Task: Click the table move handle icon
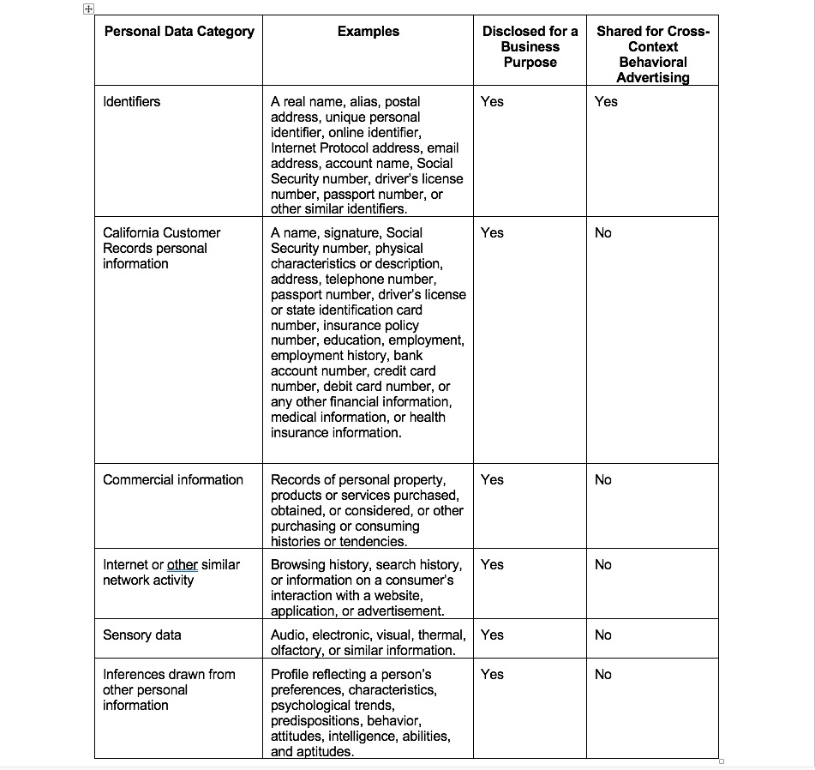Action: pyautogui.click(x=87, y=9)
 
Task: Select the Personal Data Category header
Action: pyautogui.click(x=179, y=32)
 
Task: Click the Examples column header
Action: pyautogui.click(x=368, y=32)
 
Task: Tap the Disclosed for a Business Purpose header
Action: pyautogui.click(x=530, y=47)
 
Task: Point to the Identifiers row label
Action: pyautogui.click(x=131, y=102)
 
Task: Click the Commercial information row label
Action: pyautogui.click(x=173, y=480)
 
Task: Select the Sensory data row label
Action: pyautogui.click(x=142, y=635)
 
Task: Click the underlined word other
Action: pyautogui.click(x=182, y=565)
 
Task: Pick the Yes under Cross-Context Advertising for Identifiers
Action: pyautogui.click(x=606, y=102)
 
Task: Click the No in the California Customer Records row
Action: pyautogui.click(x=603, y=233)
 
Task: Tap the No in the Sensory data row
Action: pyautogui.click(x=603, y=635)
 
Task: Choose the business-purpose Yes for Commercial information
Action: pyautogui.click(x=492, y=480)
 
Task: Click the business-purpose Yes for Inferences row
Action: pyautogui.click(x=492, y=675)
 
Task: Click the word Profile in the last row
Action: pyautogui.click(x=291, y=675)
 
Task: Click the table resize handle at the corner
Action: pyautogui.click(x=722, y=761)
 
